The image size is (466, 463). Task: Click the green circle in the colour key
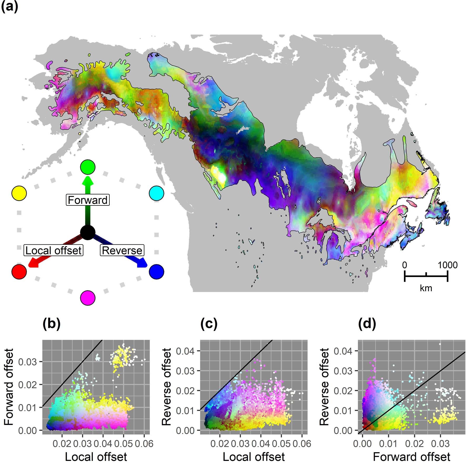(88, 167)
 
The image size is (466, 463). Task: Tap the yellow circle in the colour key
(19, 193)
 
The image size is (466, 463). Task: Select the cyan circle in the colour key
(156, 193)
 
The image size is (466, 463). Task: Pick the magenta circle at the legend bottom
(88, 298)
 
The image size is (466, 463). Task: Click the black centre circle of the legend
(88, 233)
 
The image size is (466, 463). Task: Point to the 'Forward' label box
(88, 200)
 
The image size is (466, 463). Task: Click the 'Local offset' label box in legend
(54, 250)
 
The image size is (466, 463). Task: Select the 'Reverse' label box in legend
(122, 250)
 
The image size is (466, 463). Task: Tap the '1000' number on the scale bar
(447, 265)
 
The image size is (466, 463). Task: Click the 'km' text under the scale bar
(426, 288)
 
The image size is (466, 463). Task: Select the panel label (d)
(367, 324)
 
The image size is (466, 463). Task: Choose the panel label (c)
(209, 324)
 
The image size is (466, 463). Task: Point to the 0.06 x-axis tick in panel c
(302, 444)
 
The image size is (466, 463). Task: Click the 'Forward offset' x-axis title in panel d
(412, 456)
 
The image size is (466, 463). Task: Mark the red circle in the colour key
(19, 271)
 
